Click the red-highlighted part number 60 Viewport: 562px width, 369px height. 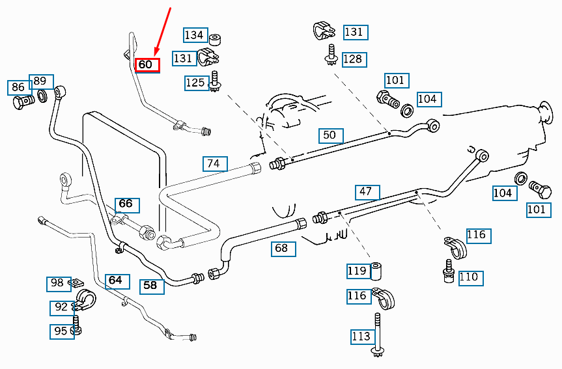147,65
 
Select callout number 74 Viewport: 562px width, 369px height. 213,164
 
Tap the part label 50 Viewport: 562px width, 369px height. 330,135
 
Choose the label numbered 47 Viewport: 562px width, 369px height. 366,192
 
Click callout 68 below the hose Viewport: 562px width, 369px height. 281,248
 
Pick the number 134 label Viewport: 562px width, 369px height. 194,35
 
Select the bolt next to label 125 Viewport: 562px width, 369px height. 214,83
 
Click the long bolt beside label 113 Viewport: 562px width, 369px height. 377,335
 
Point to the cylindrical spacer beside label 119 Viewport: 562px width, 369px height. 376,269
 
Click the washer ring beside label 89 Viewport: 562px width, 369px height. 42,97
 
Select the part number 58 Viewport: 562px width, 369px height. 150,285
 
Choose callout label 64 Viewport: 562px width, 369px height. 115,280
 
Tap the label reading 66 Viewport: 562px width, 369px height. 126,204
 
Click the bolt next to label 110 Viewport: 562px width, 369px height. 448,272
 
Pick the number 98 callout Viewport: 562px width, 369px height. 57,283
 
